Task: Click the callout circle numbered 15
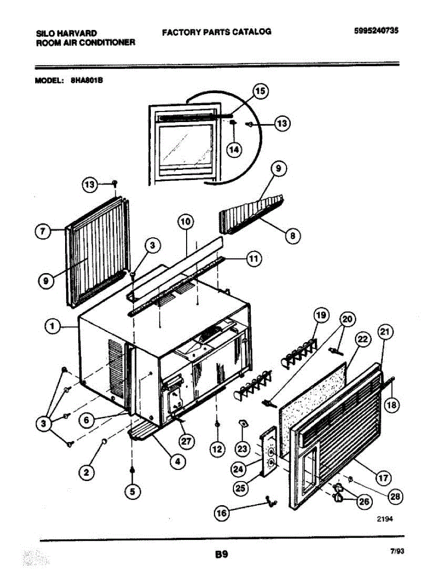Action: [x=260, y=92]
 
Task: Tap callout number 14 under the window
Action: [x=234, y=150]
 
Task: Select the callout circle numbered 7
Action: [x=43, y=232]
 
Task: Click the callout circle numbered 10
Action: [x=186, y=222]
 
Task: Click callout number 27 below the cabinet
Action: [x=184, y=441]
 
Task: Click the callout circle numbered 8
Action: [x=293, y=236]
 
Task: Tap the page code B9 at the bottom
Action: [x=221, y=554]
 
